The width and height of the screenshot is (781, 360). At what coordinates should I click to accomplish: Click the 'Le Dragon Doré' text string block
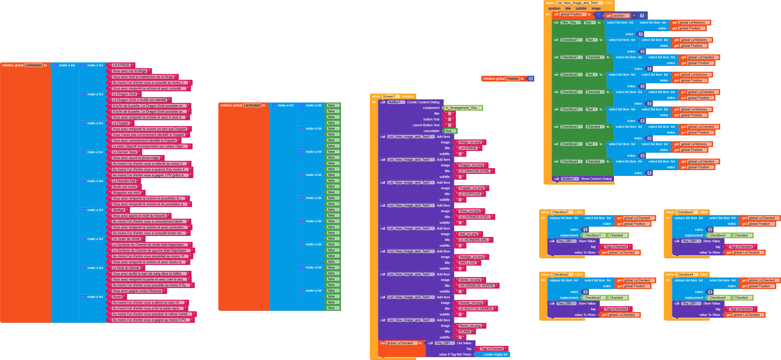(x=124, y=94)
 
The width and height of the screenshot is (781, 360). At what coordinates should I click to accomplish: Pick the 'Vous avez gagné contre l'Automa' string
(x=137, y=291)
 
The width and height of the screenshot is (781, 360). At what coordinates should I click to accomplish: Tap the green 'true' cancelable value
(x=448, y=131)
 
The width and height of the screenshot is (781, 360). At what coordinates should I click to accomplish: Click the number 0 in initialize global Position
(x=531, y=79)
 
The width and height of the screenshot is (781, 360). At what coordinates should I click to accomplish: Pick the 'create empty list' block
(x=495, y=354)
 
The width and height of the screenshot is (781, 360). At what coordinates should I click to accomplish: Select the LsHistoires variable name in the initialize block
(x=33, y=65)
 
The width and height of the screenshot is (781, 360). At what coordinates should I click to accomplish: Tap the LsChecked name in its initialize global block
(x=252, y=106)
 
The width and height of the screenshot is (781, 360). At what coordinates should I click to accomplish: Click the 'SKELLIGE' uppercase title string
(x=467, y=263)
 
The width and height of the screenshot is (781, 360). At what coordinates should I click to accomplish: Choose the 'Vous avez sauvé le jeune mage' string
(x=135, y=158)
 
